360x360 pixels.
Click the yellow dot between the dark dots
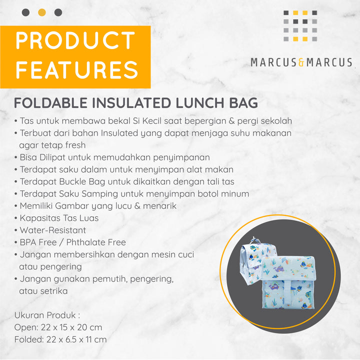tap(42, 12)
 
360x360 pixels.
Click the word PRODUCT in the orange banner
tap(75, 40)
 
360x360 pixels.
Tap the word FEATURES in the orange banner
tap(76, 70)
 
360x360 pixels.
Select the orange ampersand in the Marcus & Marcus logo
tap(301, 62)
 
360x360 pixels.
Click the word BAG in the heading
tap(243, 103)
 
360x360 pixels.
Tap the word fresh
tap(75, 145)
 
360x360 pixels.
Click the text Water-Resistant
tap(53, 230)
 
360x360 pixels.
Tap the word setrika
tap(55, 291)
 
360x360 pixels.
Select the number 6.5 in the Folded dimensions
tap(71, 340)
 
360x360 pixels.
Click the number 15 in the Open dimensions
tap(64, 327)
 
